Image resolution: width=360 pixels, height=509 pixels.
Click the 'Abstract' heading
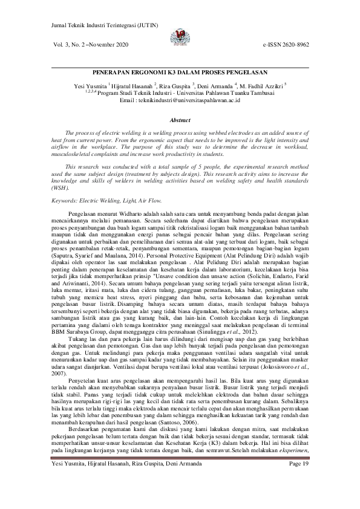point(180,121)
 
